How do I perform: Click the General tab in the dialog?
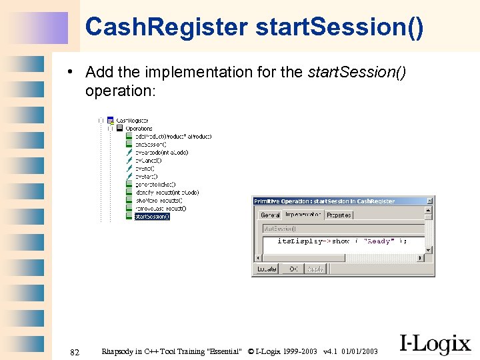tap(270, 215)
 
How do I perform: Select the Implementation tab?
tap(303, 215)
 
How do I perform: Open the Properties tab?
tap(339, 215)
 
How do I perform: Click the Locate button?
tap(264, 269)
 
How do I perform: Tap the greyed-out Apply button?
tap(315, 269)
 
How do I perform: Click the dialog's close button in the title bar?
tap(430, 201)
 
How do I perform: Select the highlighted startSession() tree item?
tap(152, 216)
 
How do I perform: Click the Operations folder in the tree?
tap(139, 129)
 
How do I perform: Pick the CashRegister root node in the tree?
tap(132, 121)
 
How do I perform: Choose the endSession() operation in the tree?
tap(151, 144)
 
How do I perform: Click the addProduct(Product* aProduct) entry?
tap(173, 136)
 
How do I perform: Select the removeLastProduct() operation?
tap(160, 208)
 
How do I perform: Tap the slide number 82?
tap(75, 351)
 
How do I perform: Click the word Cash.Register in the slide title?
tap(167, 27)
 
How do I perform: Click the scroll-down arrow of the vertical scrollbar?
tap(429, 257)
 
